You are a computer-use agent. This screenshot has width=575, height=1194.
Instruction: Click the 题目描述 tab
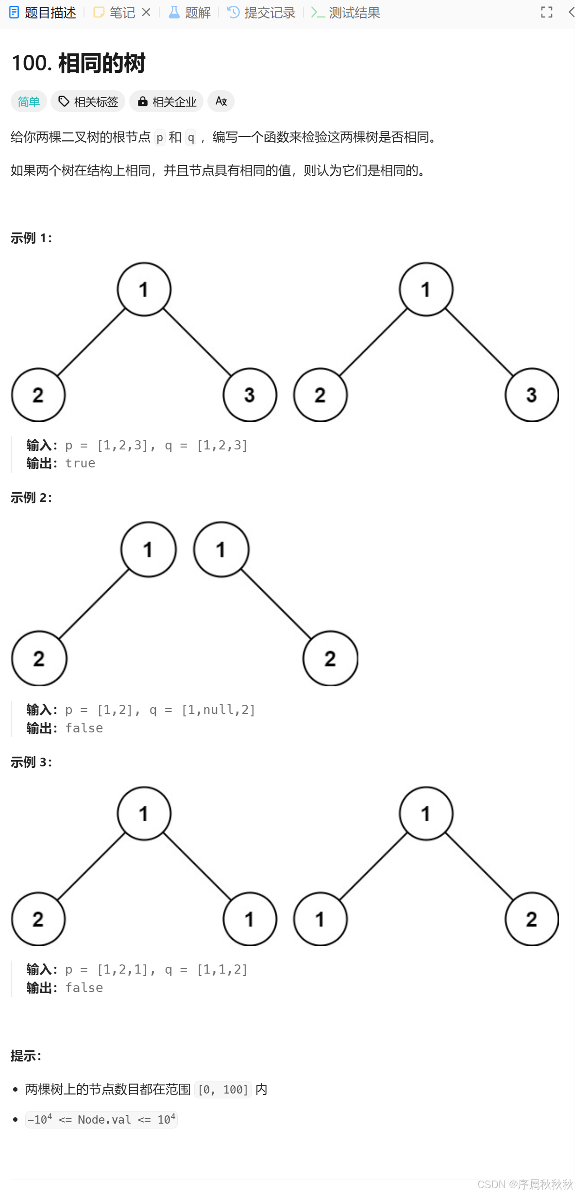(x=43, y=13)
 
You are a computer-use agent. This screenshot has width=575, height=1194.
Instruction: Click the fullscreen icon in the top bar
(x=547, y=13)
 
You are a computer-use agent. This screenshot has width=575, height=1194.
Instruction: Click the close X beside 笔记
(x=146, y=13)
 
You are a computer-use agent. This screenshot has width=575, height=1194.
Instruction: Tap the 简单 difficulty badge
(x=29, y=101)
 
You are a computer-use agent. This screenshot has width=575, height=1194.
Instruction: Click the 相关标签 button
(x=88, y=101)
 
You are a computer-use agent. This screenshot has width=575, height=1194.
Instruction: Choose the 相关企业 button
(x=167, y=101)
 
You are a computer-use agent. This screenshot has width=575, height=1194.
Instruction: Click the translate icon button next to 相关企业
(x=221, y=101)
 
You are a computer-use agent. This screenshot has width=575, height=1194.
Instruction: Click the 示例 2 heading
(x=32, y=497)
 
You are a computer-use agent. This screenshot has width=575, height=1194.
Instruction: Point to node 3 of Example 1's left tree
(x=250, y=395)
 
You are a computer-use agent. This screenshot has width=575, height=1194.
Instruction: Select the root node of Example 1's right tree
(x=426, y=289)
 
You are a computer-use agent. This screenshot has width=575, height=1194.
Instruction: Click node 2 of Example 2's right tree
(x=330, y=659)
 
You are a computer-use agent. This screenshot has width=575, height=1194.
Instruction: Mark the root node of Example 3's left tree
(x=144, y=813)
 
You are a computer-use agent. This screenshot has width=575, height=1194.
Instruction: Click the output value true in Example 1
(x=80, y=464)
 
